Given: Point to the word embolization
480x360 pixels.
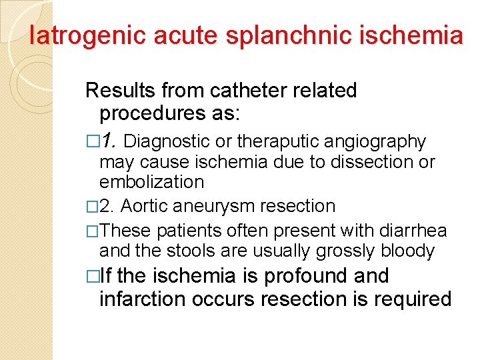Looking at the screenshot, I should [x=151, y=181].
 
